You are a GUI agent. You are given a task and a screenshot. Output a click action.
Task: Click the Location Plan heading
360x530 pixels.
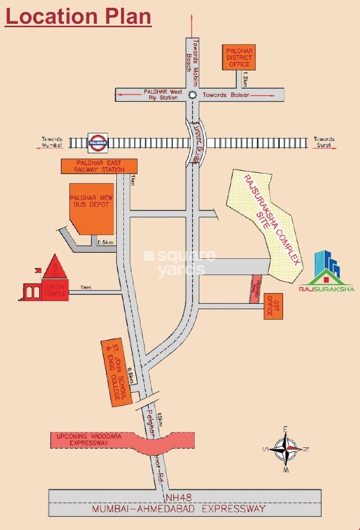78,16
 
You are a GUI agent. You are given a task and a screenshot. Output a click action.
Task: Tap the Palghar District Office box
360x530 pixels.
239,57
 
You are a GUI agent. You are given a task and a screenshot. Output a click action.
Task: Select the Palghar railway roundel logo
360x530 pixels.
98,143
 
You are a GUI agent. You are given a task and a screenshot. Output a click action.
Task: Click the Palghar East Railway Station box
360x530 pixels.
99,166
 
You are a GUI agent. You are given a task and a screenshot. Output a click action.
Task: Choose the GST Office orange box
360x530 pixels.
273,306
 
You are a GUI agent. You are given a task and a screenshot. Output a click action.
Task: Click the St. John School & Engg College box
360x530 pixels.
115,373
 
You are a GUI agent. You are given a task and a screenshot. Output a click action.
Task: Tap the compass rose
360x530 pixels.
286,449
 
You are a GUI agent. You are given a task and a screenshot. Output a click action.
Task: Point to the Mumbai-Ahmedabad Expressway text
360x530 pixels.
180,509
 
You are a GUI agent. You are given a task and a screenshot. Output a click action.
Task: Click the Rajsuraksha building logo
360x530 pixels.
326,272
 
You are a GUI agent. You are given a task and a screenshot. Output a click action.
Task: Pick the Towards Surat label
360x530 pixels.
324,143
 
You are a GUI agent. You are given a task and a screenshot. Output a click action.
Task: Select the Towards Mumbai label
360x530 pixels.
52,143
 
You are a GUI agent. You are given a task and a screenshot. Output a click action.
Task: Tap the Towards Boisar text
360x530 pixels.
225,95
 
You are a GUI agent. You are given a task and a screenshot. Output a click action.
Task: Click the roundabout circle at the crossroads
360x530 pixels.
193,95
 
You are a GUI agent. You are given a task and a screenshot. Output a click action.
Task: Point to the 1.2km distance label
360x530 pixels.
244,79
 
